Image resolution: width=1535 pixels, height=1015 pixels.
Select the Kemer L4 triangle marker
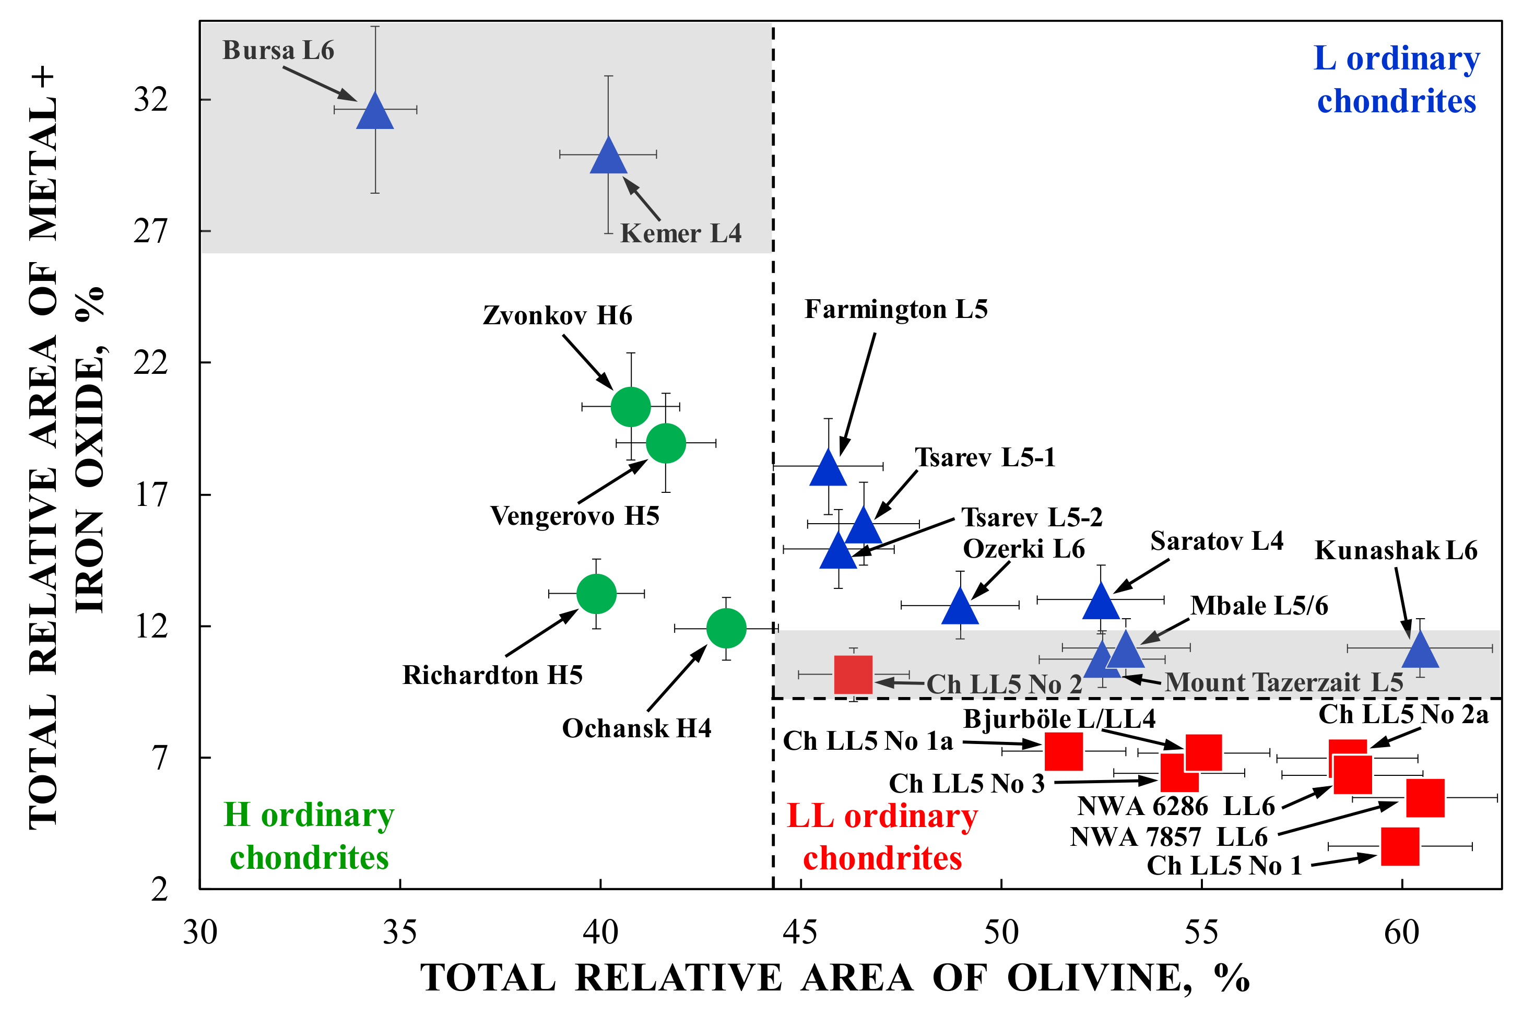(608, 157)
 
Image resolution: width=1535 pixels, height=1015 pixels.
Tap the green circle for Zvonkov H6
(630, 407)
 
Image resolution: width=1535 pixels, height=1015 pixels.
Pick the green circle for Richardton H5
(596, 593)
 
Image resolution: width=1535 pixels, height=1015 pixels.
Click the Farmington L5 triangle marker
(828, 469)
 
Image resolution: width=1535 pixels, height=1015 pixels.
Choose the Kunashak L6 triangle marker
(1420, 652)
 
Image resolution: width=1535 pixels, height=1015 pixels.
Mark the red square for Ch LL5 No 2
(853, 675)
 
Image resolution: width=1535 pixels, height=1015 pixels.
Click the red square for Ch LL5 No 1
(1400, 846)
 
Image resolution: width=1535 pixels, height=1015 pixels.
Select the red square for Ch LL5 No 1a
(1063, 751)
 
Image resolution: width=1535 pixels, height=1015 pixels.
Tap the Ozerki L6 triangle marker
(960, 608)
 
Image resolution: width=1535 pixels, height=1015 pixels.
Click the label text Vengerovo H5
(575, 516)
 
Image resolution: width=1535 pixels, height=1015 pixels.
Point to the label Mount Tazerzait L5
(1284, 682)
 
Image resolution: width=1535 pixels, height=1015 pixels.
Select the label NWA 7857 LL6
(1168, 837)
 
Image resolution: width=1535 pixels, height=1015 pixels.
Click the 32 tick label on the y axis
(151, 100)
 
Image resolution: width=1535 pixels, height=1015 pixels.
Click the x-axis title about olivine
(835, 977)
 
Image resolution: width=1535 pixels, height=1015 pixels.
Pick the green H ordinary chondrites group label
(309, 836)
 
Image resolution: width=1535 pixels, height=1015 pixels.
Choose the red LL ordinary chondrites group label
(882, 837)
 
